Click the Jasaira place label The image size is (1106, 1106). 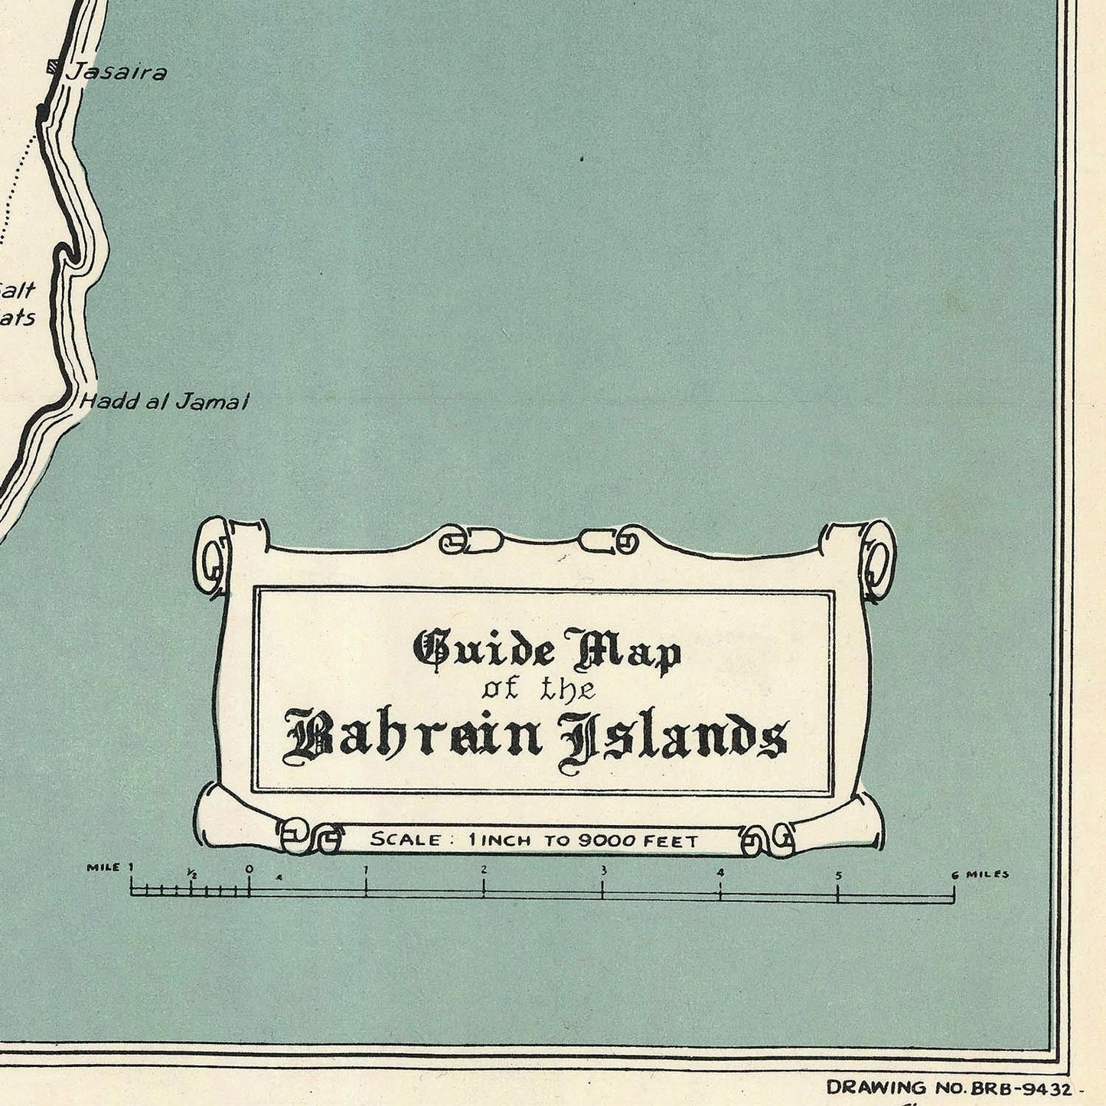pyautogui.click(x=116, y=73)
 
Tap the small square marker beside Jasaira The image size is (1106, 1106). pyautogui.click(x=53, y=67)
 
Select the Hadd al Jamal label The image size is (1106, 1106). pyautogui.click(x=165, y=402)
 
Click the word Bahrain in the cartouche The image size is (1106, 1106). pyautogui.click(x=414, y=737)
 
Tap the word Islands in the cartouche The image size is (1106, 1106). pyautogui.click(x=673, y=739)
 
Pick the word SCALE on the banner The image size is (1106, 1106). pyautogui.click(x=406, y=840)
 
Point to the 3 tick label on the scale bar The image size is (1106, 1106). pyautogui.click(x=603, y=870)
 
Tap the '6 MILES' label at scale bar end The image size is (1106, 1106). pyautogui.click(x=980, y=874)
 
